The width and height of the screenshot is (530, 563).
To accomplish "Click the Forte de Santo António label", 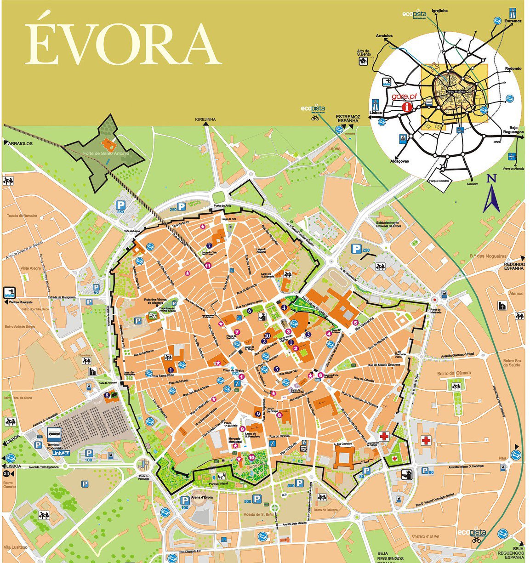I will [x=106, y=153].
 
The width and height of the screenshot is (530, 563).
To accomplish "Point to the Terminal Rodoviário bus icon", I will [x=54, y=433].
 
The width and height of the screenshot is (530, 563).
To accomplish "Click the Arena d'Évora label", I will [x=202, y=498].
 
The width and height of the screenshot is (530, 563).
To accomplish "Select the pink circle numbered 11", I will [x=208, y=265].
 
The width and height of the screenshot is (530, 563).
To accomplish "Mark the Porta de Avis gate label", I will [x=222, y=206].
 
